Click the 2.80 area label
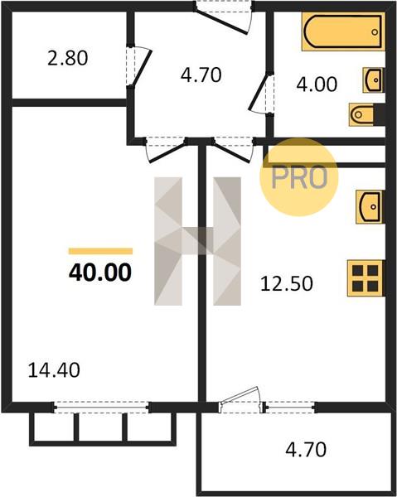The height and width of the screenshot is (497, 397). [67, 59]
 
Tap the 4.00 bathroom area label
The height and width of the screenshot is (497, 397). [317, 84]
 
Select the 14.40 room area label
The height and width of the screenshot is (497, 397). [54, 370]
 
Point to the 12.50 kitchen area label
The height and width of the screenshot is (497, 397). [286, 283]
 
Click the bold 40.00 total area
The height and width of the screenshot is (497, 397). [100, 273]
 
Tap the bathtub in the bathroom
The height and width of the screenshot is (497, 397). [343, 31]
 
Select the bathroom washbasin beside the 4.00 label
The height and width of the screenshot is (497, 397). [374, 80]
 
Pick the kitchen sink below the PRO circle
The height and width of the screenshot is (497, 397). [370, 206]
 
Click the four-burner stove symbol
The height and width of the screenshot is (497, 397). [366, 278]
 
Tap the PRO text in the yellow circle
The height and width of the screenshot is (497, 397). [299, 177]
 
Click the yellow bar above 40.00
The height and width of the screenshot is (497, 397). [100, 251]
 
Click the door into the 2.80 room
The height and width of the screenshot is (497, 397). [138, 66]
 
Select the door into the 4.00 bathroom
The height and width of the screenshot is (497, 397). [261, 93]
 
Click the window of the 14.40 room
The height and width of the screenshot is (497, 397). [101, 407]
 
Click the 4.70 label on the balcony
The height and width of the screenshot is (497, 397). [306, 450]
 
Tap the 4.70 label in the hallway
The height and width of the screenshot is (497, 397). [201, 75]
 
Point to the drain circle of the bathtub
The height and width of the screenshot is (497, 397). [375, 31]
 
